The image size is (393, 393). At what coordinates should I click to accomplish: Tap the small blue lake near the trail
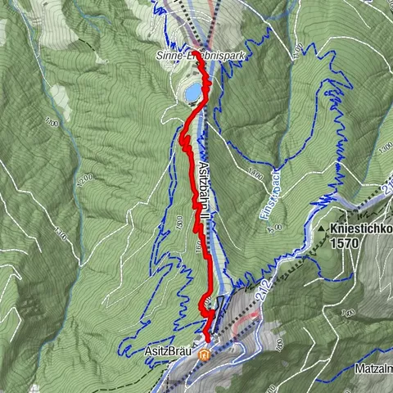tap(192, 95)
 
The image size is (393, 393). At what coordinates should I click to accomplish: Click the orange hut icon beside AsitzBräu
tap(203, 355)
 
